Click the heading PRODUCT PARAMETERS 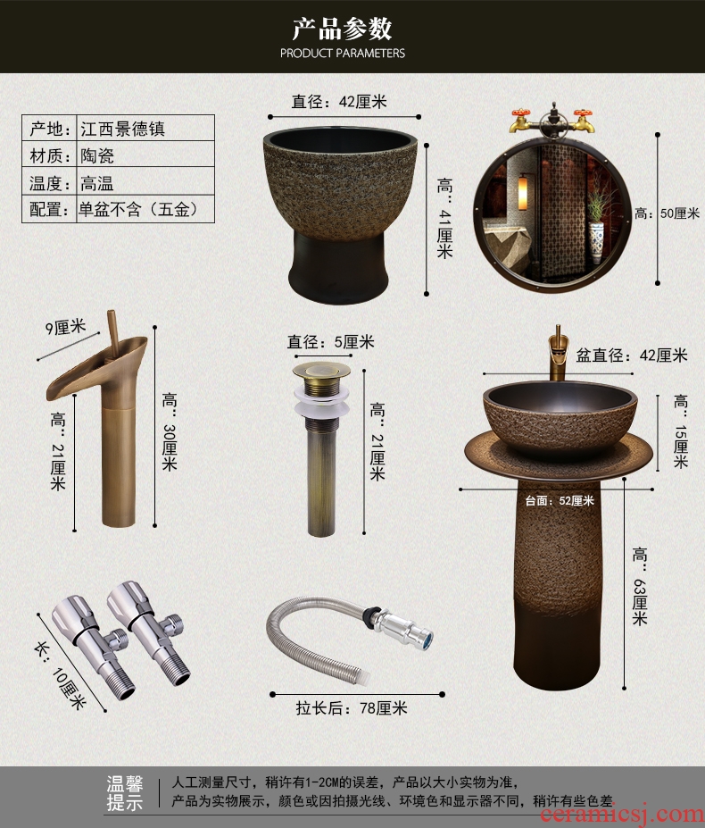(x=343, y=53)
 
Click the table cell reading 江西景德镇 (x=145, y=129)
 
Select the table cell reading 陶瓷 (x=145, y=155)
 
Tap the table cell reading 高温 (x=145, y=181)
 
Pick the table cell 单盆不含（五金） (x=145, y=209)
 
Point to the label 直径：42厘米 (x=339, y=101)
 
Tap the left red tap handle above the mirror (x=520, y=114)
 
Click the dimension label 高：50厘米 (x=667, y=213)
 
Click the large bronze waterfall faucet (x=100, y=420)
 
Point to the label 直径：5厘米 (x=331, y=342)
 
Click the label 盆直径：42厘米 (x=632, y=355)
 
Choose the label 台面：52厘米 (x=560, y=500)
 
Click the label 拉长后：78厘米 (x=352, y=707)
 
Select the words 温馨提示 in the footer (x=125, y=793)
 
